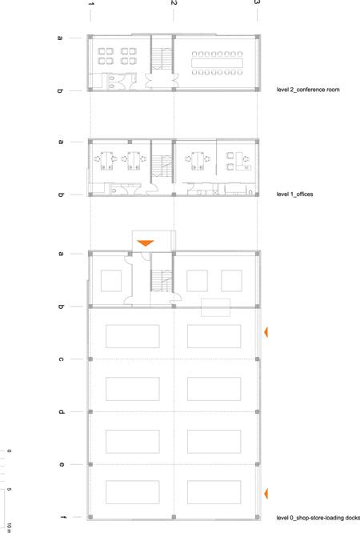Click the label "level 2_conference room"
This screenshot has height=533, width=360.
point(308,90)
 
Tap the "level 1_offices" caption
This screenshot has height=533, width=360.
point(294,194)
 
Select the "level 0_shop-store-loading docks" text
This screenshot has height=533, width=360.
point(318,518)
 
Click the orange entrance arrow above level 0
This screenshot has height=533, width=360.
point(146,243)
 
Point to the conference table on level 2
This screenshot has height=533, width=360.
point(217,63)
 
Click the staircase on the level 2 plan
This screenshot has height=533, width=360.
point(162,58)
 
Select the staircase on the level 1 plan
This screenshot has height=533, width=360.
point(162,166)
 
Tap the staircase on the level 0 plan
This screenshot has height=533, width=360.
point(162,280)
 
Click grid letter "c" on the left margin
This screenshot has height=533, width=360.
point(61,359)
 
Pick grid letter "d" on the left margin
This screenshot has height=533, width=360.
point(61,412)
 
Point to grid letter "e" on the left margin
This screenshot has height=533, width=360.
point(61,464)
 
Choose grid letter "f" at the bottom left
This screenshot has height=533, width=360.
point(62,517)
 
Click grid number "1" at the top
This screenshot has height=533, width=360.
point(90,4)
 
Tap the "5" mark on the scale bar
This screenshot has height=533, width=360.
point(9,490)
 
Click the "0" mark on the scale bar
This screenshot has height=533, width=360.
point(9,451)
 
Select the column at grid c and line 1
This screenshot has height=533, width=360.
point(90,359)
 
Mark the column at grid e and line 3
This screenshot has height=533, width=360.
point(258,464)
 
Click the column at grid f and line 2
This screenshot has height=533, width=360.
point(174,517)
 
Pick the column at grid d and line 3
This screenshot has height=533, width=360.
point(258,412)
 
